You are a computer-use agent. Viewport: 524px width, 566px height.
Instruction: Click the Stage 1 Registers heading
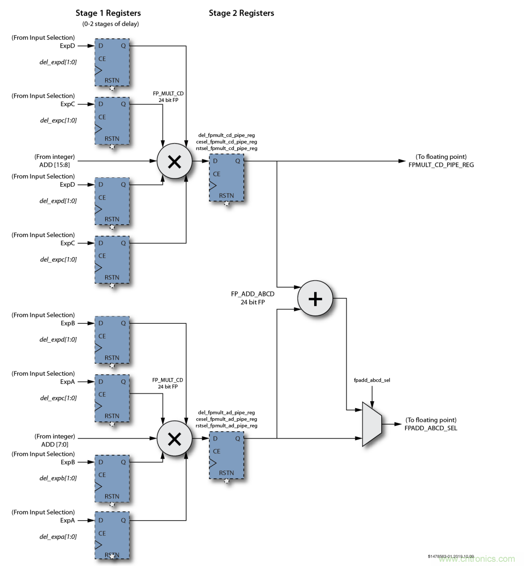pos(108,13)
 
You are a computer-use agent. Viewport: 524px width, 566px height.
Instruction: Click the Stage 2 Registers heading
pos(241,13)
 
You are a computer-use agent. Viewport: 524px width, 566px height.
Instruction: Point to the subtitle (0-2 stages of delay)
pos(110,24)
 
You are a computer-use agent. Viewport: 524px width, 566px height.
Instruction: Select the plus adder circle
pos(315,298)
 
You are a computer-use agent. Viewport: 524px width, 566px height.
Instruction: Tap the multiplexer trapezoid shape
pos(372,424)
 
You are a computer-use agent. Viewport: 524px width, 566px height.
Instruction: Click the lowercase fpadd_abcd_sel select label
pos(372,380)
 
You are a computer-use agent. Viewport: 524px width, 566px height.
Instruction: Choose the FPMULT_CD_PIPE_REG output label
pos(441,165)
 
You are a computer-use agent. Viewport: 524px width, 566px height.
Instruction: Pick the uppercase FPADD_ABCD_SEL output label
pos(430,428)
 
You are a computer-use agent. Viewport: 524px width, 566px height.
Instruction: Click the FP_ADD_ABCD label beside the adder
pos(253,294)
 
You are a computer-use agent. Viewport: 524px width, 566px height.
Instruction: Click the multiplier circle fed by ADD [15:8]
pos(174,161)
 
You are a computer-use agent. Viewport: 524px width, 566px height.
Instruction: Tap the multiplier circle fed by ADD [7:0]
pos(174,439)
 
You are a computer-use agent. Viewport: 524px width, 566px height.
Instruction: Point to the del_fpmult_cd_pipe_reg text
pos(227,135)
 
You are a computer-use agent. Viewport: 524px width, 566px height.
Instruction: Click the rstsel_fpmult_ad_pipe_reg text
pos(226,426)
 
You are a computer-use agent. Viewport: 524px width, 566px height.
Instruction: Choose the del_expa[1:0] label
pos(58,537)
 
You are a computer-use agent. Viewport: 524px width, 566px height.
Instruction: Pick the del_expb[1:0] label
pos(58,478)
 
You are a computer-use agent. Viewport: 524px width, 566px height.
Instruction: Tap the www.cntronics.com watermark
pos(477,559)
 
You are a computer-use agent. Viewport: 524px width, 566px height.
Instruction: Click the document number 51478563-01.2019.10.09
pos(450,556)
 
